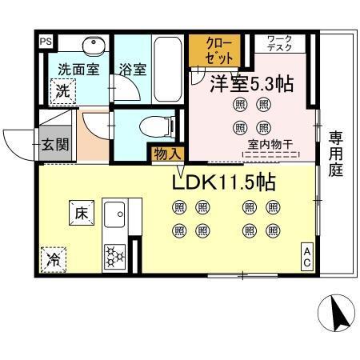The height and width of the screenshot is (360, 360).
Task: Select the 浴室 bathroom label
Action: click(133, 70)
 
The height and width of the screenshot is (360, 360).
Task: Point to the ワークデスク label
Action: click(279, 43)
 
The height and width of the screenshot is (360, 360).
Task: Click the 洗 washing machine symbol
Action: click(62, 92)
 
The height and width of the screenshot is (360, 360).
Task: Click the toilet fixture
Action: click(149, 127)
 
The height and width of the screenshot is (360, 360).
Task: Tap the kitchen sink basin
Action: click(115, 214)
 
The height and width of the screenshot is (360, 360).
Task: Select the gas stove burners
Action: click(116, 258)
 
